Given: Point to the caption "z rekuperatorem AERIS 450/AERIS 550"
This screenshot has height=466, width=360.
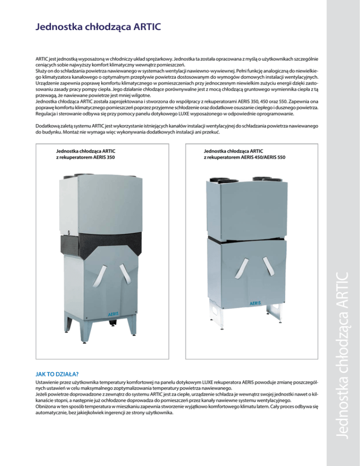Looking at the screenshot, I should coord(244,158).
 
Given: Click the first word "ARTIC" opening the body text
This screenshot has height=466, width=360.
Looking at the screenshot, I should coord(43,60).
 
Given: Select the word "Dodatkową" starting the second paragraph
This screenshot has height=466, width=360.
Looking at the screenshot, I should coord(50,127).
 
